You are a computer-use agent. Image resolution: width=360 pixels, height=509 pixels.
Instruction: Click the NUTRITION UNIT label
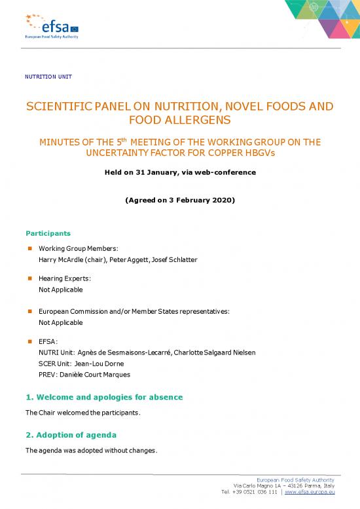(48, 77)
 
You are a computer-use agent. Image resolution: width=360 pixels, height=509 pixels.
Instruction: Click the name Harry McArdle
(63, 260)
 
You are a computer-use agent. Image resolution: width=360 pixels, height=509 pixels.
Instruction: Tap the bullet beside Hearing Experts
(30, 278)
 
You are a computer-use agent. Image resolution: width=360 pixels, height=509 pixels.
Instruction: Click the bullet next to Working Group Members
(30, 249)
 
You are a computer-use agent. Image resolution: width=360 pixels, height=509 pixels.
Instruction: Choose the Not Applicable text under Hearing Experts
(61, 290)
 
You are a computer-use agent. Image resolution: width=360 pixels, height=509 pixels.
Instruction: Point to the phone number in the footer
(254, 491)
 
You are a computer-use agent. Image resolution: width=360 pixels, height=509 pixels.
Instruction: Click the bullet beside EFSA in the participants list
(30, 341)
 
